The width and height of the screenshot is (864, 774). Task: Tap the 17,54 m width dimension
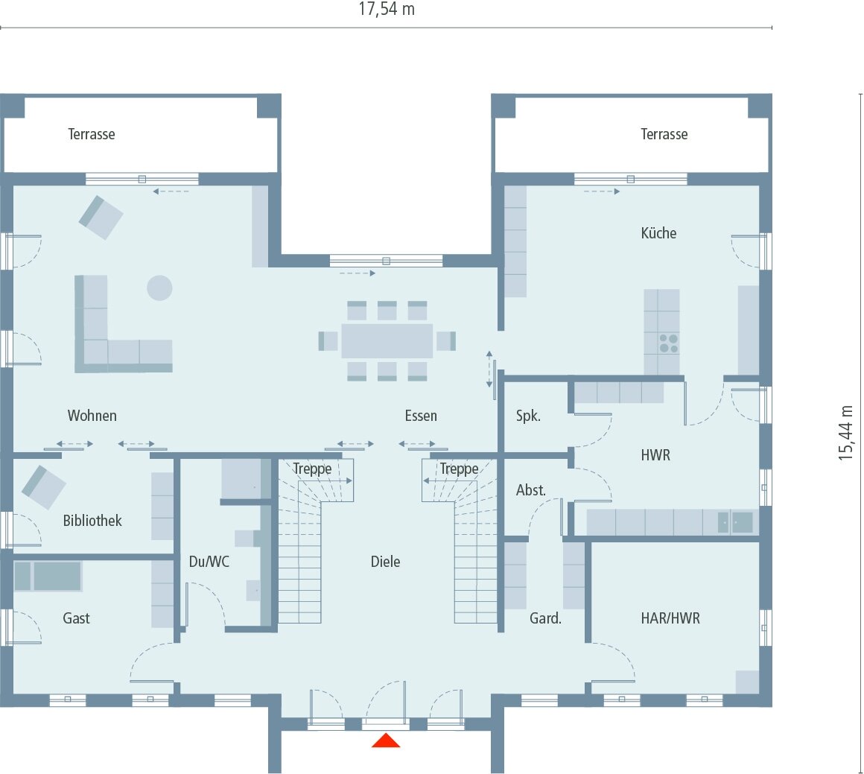point(387,10)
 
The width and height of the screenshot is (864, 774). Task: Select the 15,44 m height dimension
point(846,433)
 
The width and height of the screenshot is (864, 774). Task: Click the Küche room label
point(658,233)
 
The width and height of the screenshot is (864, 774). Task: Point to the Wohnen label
point(92,416)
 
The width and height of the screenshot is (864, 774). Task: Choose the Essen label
point(421,416)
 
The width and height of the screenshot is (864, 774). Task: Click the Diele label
point(385,562)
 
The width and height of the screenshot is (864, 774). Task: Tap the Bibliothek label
point(92,521)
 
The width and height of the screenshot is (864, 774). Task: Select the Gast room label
point(76,618)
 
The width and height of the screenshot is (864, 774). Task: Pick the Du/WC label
point(209,562)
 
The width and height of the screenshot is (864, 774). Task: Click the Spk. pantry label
point(528,416)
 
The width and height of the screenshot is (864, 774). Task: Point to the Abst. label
point(531,490)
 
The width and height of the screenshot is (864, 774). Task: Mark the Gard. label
point(545,618)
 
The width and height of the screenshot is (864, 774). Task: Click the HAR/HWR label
point(670,618)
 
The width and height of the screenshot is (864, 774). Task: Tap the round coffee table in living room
point(159,288)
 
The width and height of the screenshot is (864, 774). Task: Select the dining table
point(387,341)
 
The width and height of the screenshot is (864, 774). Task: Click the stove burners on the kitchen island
point(668,343)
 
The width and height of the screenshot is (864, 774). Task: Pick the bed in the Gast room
point(48,576)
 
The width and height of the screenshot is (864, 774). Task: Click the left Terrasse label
point(92,134)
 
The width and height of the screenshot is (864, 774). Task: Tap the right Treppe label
point(459,469)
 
